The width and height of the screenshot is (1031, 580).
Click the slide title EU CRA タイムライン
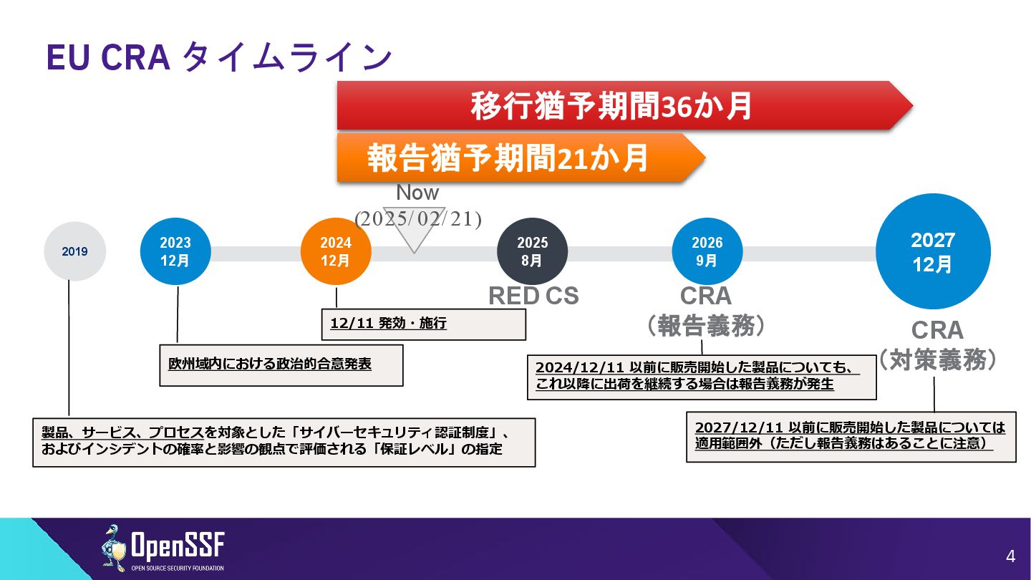coord(219,57)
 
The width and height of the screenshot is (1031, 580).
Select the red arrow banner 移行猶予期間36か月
coord(612,106)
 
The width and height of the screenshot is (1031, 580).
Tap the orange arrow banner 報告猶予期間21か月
coord(508,158)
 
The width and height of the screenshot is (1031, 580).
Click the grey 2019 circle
coord(74,251)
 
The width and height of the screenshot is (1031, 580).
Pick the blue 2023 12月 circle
coord(175,251)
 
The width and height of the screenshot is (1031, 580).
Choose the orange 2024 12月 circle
coord(336,251)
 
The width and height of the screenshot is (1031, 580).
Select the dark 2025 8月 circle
coord(532,251)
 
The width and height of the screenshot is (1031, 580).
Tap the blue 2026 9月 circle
coord(707,251)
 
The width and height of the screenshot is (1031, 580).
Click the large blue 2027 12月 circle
coord(933,251)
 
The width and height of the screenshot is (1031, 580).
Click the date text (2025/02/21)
coord(418,218)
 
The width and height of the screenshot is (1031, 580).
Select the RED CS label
coord(533,295)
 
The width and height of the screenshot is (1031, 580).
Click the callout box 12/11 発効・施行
coord(424,324)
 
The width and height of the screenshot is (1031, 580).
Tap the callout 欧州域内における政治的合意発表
coord(281,364)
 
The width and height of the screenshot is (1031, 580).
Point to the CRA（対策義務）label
coord(937,345)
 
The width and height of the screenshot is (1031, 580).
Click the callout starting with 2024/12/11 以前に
coord(702,377)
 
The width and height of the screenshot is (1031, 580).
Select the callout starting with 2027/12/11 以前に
coord(851,436)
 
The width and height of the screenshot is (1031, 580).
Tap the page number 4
coord(1010,556)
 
